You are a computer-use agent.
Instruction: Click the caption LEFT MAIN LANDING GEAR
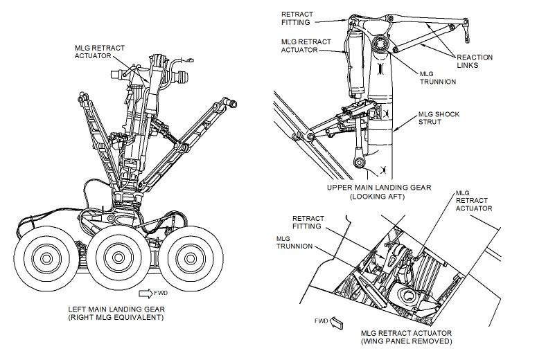pyautogui.click(x=116, y=309)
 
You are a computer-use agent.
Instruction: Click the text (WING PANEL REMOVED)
pyautogui.click(x=406, y=341)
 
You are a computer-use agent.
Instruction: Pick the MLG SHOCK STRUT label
pyautogui.click(x=438, y=118)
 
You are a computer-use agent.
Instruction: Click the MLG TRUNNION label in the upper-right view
pyautogui.click(x=438, y=77)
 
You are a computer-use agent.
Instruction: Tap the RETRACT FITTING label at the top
pyautogui.click(x=297, y=17)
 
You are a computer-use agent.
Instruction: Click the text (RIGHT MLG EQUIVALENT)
pyautogui.click(x=116, y=318)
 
